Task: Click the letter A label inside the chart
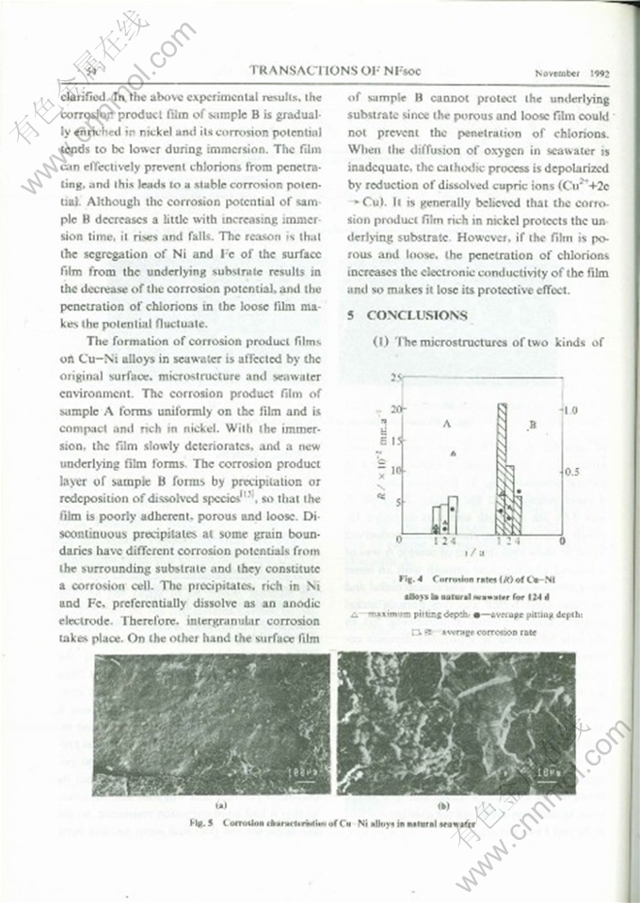click(x=446, y=425)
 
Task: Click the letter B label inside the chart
click(x=532, y=427)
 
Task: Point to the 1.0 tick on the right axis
click(x=570, y=411)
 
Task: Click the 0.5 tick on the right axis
click(x=570, y=472)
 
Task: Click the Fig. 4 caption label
click(x=414, y=578)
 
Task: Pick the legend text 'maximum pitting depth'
click(x=450, y=614)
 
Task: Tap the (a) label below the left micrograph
click(x=217, y=805)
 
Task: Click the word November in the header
click(x=556, y=73)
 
